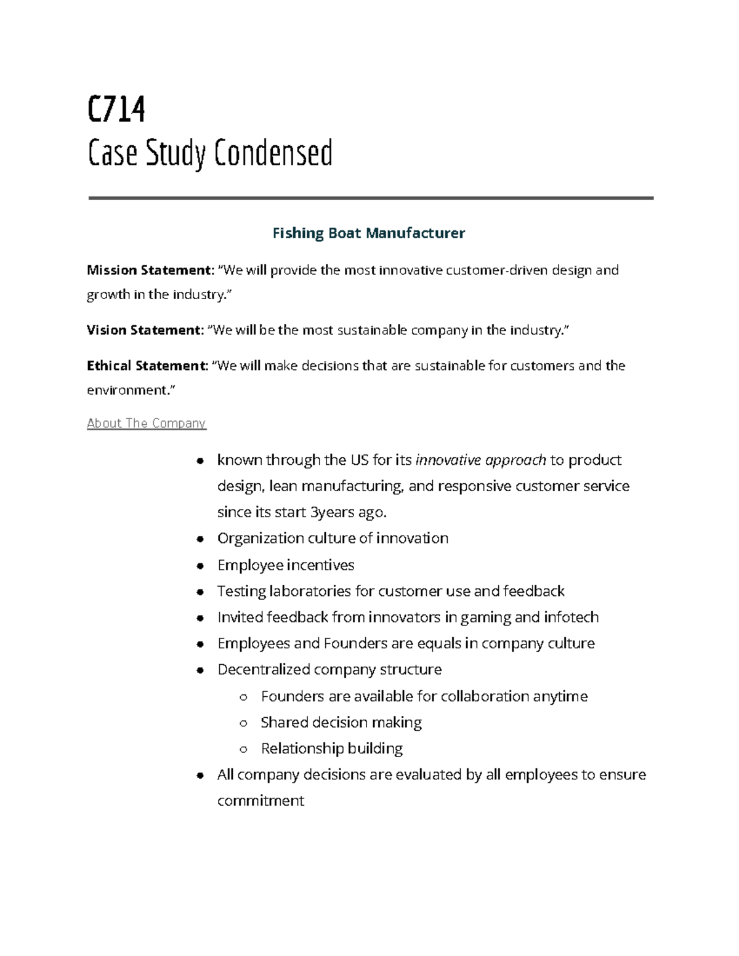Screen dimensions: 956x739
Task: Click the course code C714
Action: click(x=116, y=110)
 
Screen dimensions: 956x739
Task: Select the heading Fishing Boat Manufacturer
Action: click(x=368, y=233)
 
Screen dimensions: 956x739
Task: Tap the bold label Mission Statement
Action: click(x=149, y=270)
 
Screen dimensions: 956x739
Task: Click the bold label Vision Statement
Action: click(x=144, y=331)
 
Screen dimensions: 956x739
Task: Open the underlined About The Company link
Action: click(x=146, y=424)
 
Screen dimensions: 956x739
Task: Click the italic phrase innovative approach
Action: click(x=481, y=460)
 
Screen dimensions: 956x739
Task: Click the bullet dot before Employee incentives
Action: click(x=200, y=566)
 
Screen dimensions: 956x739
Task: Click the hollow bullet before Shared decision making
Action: click(x=244, y=723)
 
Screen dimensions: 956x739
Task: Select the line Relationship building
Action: click(x=331, y=749)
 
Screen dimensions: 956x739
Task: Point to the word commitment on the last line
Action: click(x=260, y=801)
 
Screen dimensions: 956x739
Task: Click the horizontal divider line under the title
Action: click(x=370, y=198)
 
